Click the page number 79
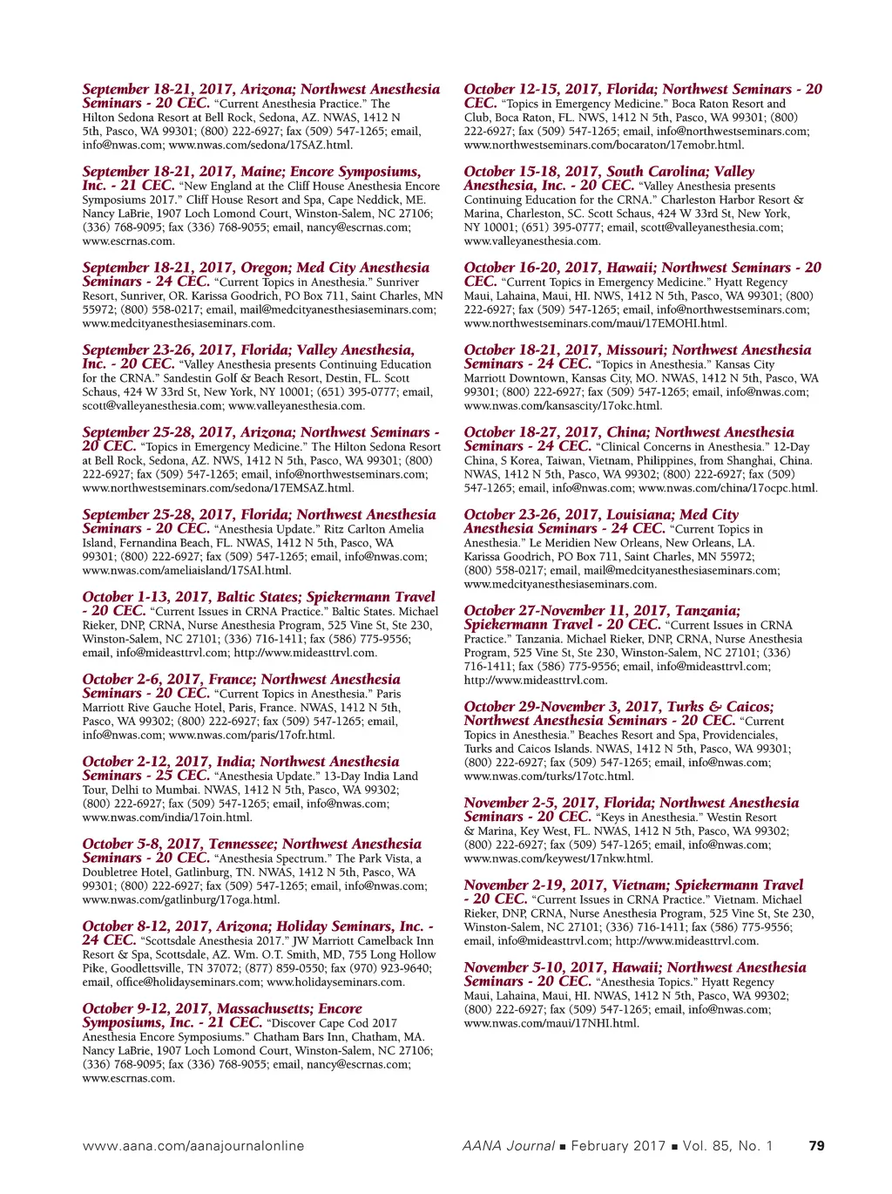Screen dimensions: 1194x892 tap(816, 1146)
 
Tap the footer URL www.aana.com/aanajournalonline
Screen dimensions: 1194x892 tap(193, 1146)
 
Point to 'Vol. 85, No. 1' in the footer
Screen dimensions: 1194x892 tap(728, 1146)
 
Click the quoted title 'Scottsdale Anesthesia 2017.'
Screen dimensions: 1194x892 tap(208, 941)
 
